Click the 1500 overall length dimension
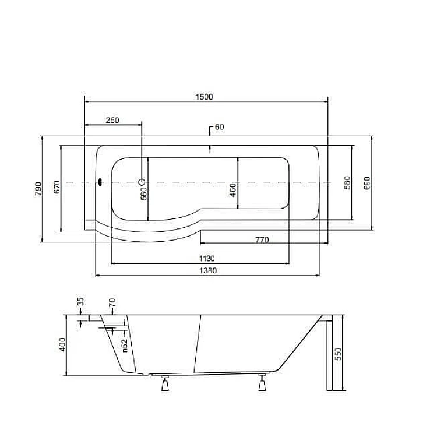click(x=204, y=97)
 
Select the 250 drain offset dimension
click(x=112, y=120)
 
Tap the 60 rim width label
click(x=219, y=127)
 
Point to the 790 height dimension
click(x=38, y=189)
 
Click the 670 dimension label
click(x=57, y=187)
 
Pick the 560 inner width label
click(x=143, y=193)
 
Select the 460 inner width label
click(x=233, y=190)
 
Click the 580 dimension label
click(x=347, y=182)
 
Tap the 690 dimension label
click(x=367, y=183)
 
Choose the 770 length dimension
click(x=262, y=239)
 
